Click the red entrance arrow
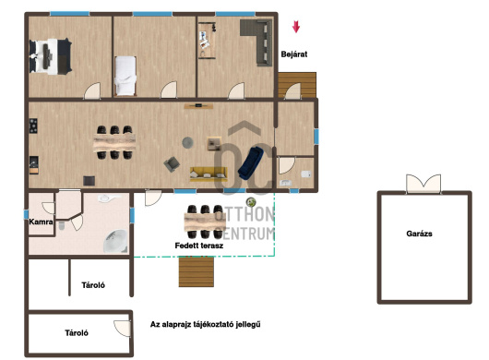pyautogui.click(x=296, y=27)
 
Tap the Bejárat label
pyautogui.click(x=293, y=54)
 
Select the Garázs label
pyautogui.click(x=419, y=234)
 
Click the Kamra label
pyautogui.click(x=41, y=222)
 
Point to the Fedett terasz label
pyautogui.click(x=199, y=246)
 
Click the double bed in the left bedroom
pyautogui.click(x=51, y=56)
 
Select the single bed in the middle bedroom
pyautogui.click(x=125, y=76)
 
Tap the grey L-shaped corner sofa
pyautogui.click(x=256, y=42)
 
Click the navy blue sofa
pyautogui.click(x=250, y=162)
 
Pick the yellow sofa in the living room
pyautogui.click(x=209, y=174)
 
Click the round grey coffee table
pyautogui.click(x=187, y=142)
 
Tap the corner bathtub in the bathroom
pyautogui.click(x=115, y=241)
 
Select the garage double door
pyautogui.click(x=423, y=184)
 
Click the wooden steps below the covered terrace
pyautogui.click(x=197, y=271)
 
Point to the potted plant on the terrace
pyautogui.click(x=251, y=202)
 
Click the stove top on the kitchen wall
pyautogui.click(x=33, y=126)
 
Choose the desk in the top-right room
pyautogui.click(x=207, y=41)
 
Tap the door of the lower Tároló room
pyautogui.click(x=122, y=329)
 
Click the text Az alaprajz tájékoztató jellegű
pyautogui.click(x=205, y=324)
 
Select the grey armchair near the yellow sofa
pyautogui.click(x=172, y=164)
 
